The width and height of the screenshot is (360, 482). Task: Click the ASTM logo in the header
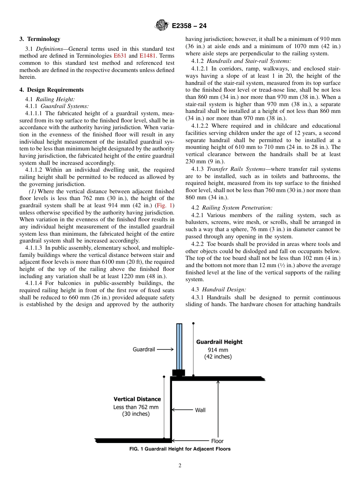pos(161,26)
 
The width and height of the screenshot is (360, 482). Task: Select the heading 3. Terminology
pos(40,39)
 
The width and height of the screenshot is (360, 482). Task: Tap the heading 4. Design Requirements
pos(52,90)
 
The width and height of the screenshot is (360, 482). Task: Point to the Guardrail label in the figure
pos(144,349)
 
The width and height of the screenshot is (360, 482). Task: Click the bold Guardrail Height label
pos(219,342)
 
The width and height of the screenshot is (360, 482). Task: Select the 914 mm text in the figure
pos(218,350)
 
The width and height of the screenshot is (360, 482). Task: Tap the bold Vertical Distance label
pos(137,399)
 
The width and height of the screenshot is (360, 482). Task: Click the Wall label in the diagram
pos(200,410)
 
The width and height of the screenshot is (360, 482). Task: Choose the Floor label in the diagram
pos(217,441)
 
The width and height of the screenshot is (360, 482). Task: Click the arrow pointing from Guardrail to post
pos(165,349)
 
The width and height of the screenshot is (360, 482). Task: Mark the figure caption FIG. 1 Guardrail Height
pos(180,449)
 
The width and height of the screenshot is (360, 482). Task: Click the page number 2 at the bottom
pos(180,466)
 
